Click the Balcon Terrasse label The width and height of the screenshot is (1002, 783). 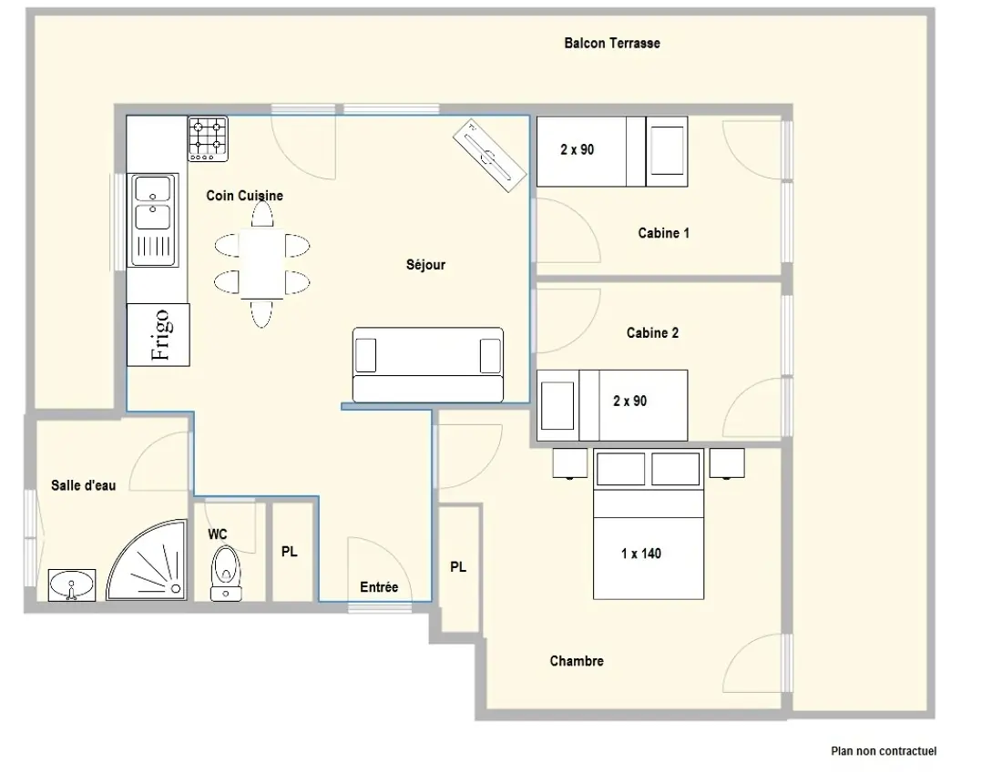point(611,44)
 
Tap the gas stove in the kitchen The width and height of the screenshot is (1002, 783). point(208,138)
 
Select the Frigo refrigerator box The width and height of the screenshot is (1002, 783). point(158,335)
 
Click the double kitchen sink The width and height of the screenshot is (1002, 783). point(153,219)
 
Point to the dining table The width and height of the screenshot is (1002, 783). point(262,264)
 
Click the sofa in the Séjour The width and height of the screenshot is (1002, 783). point(428,365)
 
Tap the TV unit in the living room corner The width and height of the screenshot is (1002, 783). point(489,155)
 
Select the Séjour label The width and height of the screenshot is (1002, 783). point(425,264)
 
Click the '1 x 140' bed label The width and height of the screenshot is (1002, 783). point(641,554)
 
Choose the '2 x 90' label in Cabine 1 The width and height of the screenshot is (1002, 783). point(577,149)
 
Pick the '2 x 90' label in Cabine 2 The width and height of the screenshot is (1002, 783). point(630,402)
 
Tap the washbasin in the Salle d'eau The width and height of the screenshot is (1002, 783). point(72,585)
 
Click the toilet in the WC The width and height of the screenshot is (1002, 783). point(226,574)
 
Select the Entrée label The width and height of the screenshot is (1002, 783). point(379,587)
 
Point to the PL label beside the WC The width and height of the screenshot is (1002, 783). point(290,551)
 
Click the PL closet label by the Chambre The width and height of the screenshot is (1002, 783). point(458,567)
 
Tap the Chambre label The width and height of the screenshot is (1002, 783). point(577,661)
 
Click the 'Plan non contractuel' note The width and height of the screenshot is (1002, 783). point(884,751)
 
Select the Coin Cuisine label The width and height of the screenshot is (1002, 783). point(245,196)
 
